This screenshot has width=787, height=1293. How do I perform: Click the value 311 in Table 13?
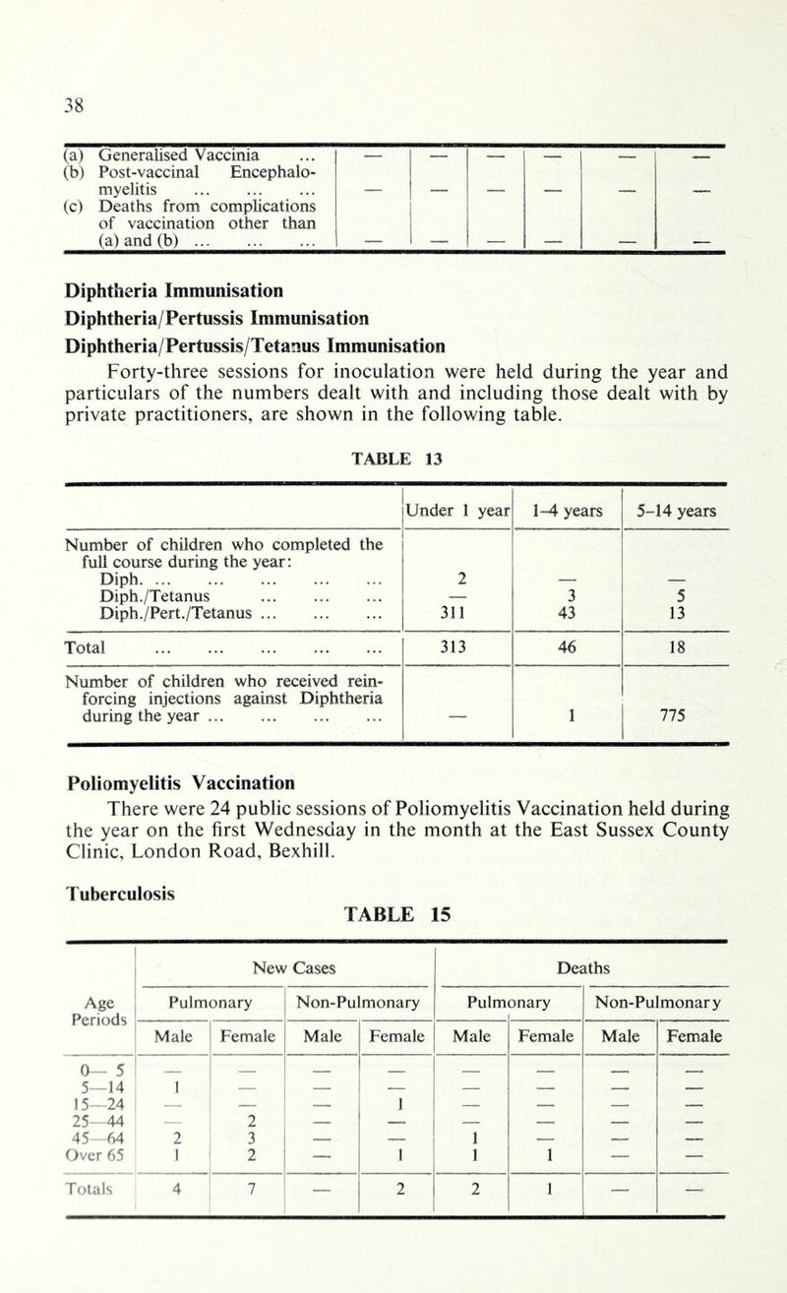pos(455,616)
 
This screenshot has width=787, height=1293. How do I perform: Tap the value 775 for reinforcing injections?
pos(675,718)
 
